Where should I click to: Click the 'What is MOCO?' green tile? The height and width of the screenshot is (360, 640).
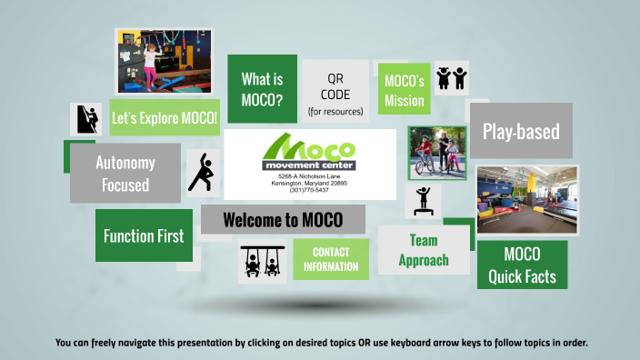(262, 89)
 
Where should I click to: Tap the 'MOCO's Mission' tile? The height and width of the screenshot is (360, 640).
(404, 90)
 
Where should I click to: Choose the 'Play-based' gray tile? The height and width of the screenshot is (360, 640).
(521, 132)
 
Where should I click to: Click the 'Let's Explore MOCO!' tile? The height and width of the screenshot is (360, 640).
(164, 118)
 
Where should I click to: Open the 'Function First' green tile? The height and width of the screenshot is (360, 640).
(143, 235)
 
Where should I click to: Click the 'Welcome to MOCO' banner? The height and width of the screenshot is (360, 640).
(282, 220)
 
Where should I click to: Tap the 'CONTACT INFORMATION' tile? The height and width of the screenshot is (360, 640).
(331, 259)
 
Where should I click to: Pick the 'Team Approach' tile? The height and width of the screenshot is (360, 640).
(423, 250)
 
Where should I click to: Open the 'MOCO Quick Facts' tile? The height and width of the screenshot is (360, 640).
(522, 265)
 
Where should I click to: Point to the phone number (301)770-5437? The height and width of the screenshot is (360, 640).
(310, 190)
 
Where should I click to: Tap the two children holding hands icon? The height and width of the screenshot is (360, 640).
(452, 79)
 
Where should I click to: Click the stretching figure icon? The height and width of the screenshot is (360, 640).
(201, 172)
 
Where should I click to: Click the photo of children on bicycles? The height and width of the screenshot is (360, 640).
(436, 153)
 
